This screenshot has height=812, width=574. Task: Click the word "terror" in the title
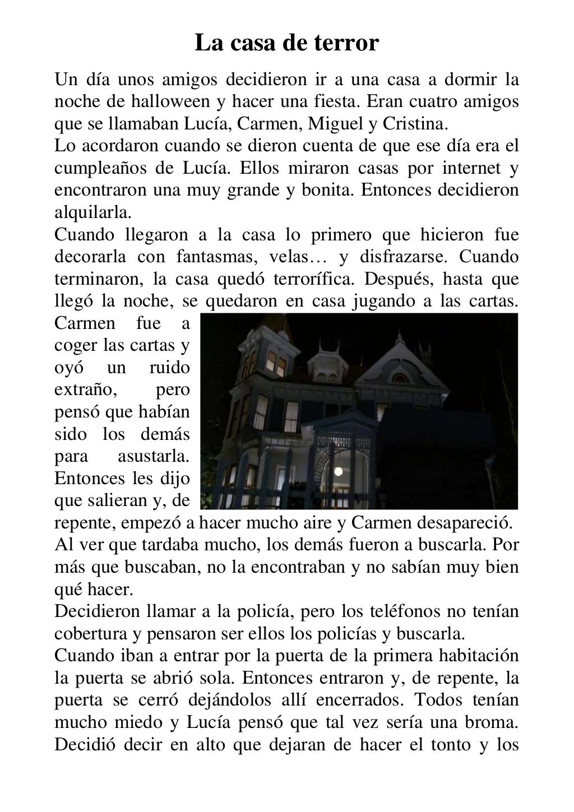coord(346,43)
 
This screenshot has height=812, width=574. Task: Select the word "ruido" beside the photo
coord(169,368)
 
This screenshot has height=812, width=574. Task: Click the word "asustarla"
coord(154,456)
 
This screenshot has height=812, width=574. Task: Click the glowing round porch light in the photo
coord(340,470)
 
